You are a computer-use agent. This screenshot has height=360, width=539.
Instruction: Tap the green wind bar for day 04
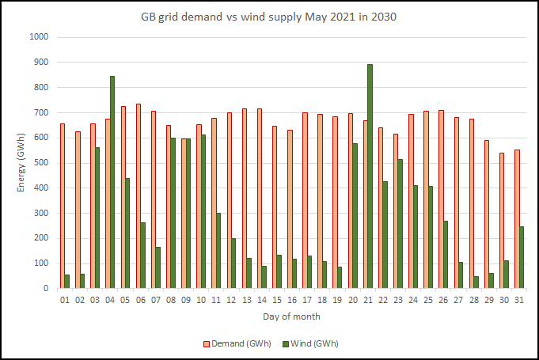pyautogui.click(x=112, y=182)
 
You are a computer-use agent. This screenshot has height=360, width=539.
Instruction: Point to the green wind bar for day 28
pyautogui.click(x=476, y=282)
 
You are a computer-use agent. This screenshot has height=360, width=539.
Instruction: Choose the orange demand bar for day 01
pyautogui.click(x=63, y=206)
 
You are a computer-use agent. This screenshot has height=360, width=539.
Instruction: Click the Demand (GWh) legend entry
pyautogui.click(x=237, y=343)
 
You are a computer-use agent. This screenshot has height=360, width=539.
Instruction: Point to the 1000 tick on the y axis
pyautogui.click(x=39, y=37)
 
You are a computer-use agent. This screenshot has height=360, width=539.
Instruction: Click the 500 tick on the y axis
pyautogui.click(x=40, y=163)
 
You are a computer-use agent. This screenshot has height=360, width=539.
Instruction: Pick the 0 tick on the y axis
pyautogui.click(x=46, y=289)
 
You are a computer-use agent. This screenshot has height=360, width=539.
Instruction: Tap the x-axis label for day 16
pyautogui.click(x=292, y=301)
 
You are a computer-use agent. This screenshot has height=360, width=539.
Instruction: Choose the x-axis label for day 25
pyautogui.click(x=428, y=301)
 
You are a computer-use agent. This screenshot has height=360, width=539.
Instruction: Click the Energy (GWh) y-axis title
pyautogui.click(x=21, y=163)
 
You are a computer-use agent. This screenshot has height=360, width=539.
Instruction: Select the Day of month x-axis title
pyautogui.click(x=291, y=316)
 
